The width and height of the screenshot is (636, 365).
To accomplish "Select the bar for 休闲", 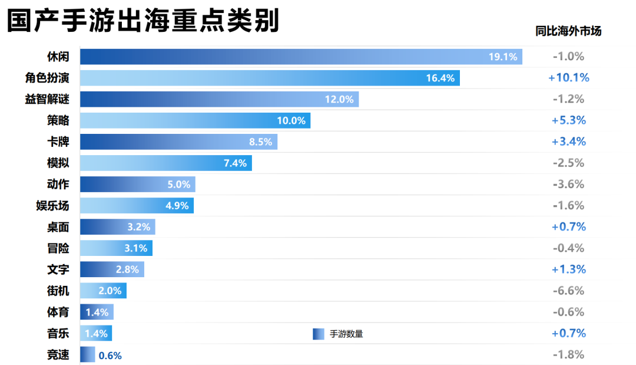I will [301, 57].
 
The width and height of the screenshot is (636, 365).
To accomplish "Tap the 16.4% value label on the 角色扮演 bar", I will [440, 78].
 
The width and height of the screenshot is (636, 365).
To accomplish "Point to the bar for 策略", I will [195, 120].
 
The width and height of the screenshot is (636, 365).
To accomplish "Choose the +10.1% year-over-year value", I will [568, 78].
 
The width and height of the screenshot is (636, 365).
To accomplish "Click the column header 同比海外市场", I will [568, 31].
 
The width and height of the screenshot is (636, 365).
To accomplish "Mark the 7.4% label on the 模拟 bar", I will [235, 163].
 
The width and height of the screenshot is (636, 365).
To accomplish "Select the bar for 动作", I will [137, 185].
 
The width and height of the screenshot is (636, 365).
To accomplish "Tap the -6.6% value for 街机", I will [568, 291].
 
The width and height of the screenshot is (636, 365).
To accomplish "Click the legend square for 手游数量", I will [319, 334].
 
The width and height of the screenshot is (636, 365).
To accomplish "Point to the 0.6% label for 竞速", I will [110, 356].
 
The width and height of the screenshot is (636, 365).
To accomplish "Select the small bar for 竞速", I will [87, 354].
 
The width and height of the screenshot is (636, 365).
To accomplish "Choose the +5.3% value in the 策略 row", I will [568, 120].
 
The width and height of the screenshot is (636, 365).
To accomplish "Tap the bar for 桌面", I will [117, 227].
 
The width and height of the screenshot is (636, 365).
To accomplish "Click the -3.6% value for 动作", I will [568, 185].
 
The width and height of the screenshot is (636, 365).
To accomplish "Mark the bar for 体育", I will [97, 312].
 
